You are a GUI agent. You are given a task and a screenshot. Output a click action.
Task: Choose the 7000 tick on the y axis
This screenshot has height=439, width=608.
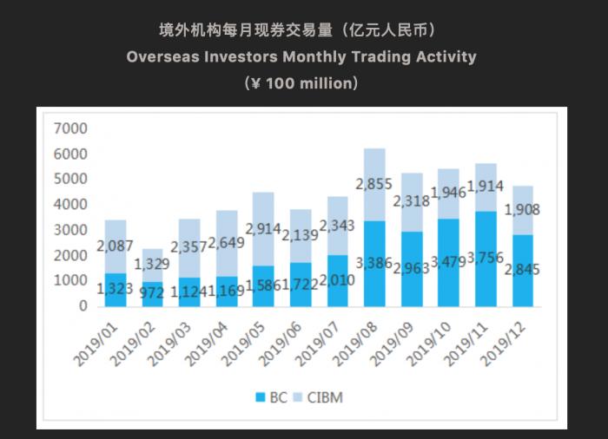(x=70, y=128)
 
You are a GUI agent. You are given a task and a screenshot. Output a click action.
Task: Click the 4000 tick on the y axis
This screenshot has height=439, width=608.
(x=70, y=205)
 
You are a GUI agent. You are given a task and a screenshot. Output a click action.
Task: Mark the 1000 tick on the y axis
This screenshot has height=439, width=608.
(x=70, y=281)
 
